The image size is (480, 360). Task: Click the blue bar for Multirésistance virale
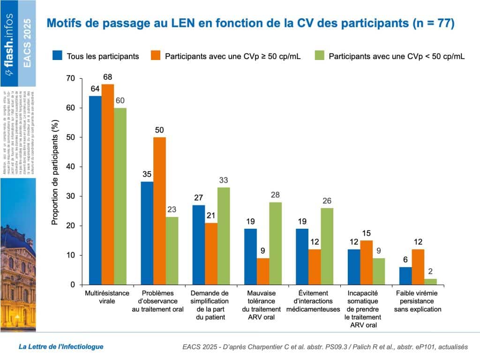tap(95, 190)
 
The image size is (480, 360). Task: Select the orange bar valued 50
tap(159, 211)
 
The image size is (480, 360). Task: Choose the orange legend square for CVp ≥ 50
tap(156, 56)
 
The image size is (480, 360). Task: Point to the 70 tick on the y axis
tap(70, 78)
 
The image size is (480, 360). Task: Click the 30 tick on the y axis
tap(70, 196)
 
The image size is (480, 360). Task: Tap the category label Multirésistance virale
tap(107, 297)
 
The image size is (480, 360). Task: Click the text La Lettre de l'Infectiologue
tap(61, 347)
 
